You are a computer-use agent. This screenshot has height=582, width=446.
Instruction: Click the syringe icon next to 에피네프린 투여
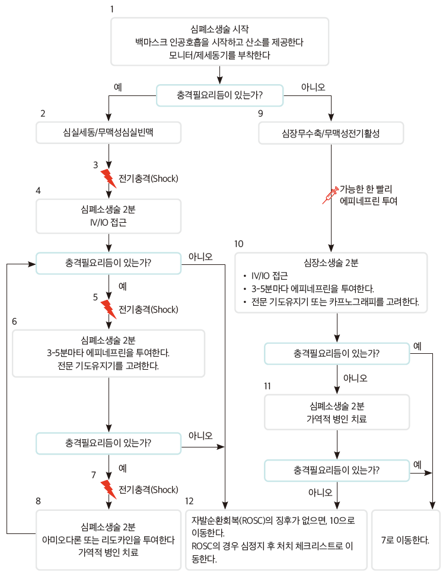point(330,196)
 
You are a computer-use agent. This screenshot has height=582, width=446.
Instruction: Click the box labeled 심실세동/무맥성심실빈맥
point(109,133)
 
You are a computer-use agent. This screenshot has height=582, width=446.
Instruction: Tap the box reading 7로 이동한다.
point(406,540)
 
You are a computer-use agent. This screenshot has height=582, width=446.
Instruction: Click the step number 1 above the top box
point(112,9)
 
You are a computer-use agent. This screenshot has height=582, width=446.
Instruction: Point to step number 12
point(189,501)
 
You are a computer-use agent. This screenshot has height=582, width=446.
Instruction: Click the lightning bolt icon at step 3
point(108,178)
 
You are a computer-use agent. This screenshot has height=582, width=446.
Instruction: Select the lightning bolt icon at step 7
point(108,489)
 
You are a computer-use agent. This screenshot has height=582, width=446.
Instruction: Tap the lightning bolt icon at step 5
point(108,309)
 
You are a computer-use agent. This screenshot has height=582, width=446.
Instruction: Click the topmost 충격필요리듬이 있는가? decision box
point(220,95)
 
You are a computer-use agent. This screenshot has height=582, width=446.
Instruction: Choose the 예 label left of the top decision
point(117,87)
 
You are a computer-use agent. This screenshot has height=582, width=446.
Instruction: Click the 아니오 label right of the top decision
point(313,87)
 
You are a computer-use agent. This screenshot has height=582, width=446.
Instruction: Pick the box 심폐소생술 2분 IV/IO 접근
point(109,216)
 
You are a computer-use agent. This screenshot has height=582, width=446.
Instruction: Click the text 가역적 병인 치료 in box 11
point(337,419)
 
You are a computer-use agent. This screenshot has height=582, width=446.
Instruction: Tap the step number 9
point(260,113)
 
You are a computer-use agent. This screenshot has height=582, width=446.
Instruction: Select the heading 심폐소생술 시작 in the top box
point(220,28)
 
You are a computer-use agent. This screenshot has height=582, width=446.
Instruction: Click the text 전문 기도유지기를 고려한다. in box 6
point(109,366)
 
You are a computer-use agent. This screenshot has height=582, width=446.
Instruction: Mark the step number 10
point(239,244)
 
